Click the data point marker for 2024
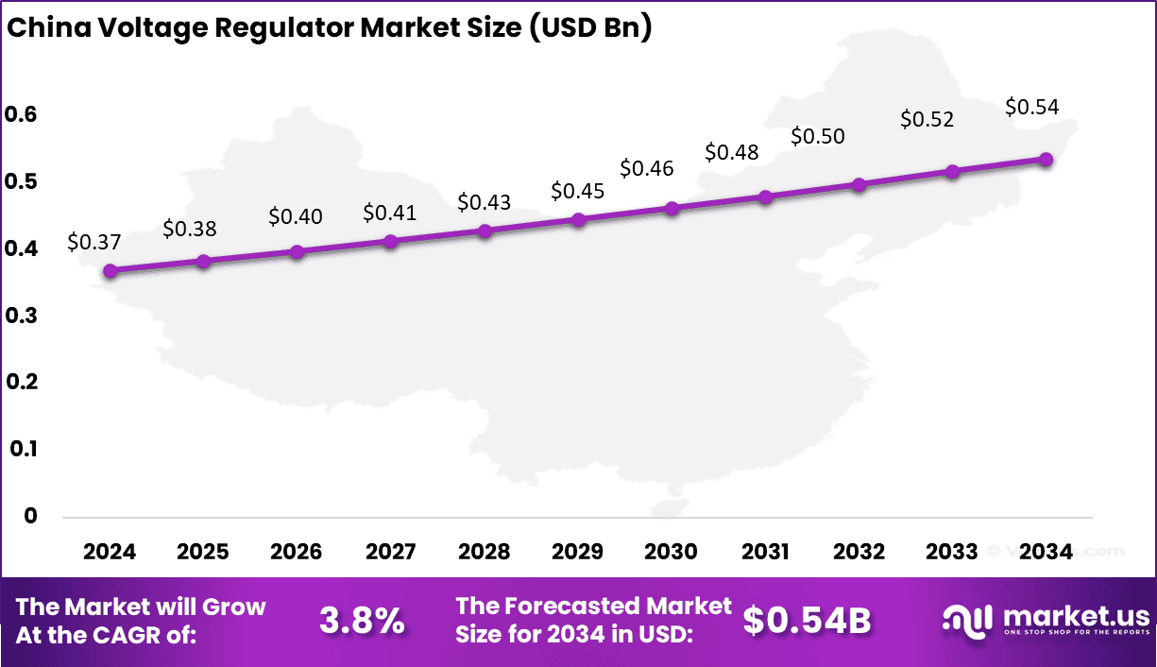coord(111,271)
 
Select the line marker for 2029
coord(579,220)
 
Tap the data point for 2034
coord(1046,160)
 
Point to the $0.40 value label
coord(296,216)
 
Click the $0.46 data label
coord(647,168)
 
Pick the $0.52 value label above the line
coord(927,119)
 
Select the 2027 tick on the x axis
coord(390,552)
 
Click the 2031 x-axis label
coord(765,552)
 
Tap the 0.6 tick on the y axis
coord(21,114)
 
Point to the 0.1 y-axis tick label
coord(21,449)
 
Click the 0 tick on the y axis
coord(32,516)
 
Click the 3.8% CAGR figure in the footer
coord(362,621)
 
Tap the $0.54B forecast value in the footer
coord(806,621)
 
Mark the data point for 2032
coord(859,184)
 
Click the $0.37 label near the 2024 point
coord(94,242)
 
